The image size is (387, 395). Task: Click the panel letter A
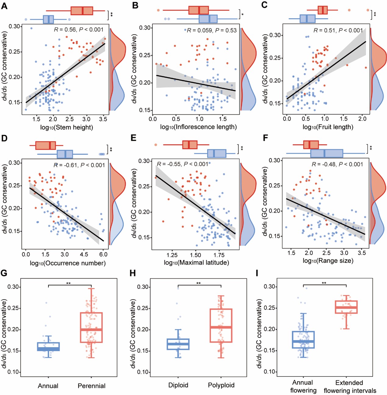point(4,6)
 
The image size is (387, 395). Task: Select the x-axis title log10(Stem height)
point(66,127)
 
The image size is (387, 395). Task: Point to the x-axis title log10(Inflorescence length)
point(198,127)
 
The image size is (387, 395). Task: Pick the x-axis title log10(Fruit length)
point(328,127)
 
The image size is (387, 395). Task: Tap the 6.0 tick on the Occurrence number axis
point(103,254)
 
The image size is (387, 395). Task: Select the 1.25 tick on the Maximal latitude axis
point(172,255)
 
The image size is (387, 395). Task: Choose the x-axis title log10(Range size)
point(328,261)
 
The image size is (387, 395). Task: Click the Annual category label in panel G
point(48,386)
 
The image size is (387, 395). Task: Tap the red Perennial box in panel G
point(91,327)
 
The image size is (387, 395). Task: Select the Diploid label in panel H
point(178,385)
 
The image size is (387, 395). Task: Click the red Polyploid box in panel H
point(221,326)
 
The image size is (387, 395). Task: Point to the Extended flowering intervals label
point(350,387)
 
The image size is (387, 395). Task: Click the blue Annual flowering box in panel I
point(303,340)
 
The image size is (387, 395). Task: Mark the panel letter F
point(266,138)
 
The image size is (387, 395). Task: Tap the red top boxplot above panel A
point(82,11)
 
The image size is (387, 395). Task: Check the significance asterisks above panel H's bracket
point(199,283)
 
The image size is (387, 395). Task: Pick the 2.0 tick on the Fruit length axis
point(362,119)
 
